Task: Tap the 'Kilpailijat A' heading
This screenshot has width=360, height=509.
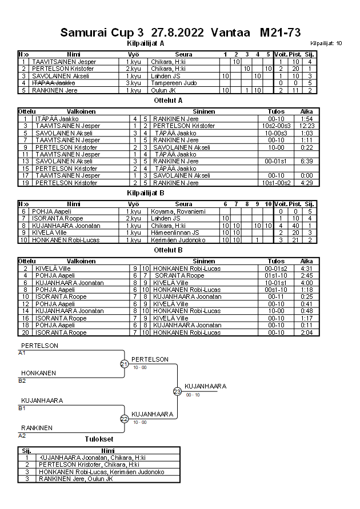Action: [145, 43]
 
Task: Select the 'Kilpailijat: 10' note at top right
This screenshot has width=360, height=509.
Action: [326, 43]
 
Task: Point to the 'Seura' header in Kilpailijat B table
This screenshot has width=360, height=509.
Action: [183, 204]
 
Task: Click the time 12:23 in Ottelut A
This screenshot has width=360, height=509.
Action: [307, 126]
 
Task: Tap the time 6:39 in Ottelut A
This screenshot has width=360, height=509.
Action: [307, 161]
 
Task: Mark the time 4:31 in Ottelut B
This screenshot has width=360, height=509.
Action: [307, 268]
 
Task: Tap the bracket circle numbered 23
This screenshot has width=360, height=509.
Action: [177, 391]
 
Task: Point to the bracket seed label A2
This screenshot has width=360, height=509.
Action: [22, 435]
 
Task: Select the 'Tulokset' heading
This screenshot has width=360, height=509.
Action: [99, 439]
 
